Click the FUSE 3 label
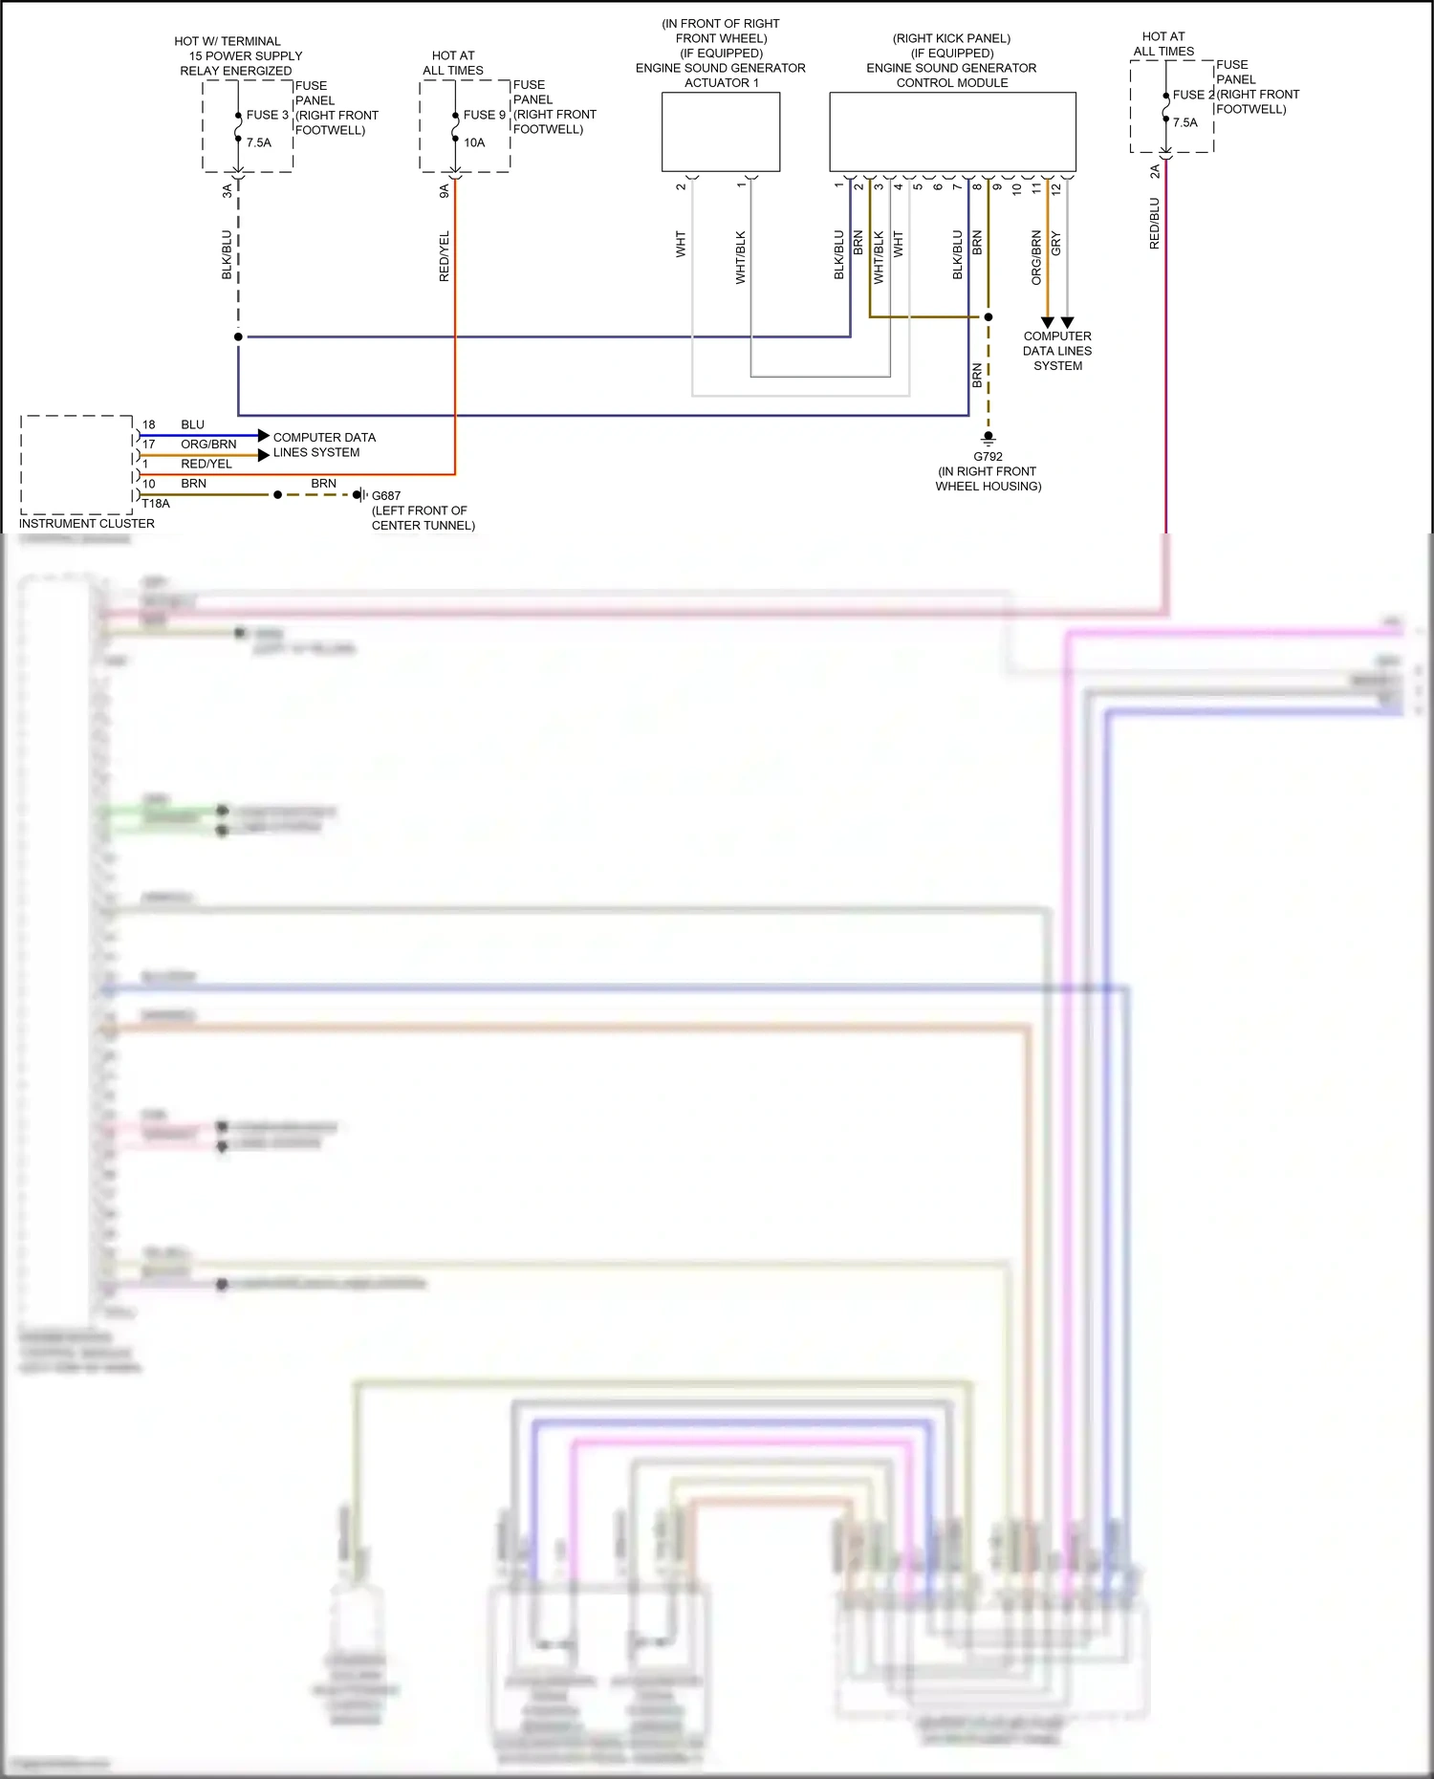pos(267,115)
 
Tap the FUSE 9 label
pos(484,115)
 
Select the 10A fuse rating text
pos(474,142)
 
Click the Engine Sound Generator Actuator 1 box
pos(721,132)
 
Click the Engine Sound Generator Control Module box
pos(952,132)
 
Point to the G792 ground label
pos(988,457)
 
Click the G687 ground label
pos(386,495)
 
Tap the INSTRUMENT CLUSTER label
pos(87,524)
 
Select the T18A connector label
pos(156,504)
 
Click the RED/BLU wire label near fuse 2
pos(1154,224)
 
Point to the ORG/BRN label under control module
pos(1036,257)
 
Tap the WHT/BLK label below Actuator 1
pos(741,257)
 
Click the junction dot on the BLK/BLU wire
pos(238,336)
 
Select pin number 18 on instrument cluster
pos(149,424)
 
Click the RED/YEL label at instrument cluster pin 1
pos(206,464)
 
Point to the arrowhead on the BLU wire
pos(264,436)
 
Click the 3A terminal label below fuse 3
pos(228,191)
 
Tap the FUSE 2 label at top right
pos(1193,95)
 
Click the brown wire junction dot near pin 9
pos(989,316)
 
